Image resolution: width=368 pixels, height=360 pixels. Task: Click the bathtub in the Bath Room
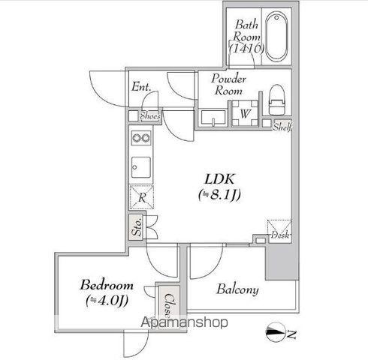[x=276, y=37]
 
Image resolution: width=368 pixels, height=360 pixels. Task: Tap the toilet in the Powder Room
[x=277, y=100]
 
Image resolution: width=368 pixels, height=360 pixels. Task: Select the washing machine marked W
[x=245, y=113]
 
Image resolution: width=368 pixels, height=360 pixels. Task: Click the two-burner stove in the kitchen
[x=141, y=138]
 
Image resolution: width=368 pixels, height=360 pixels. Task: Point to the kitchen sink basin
[x=141, y=167]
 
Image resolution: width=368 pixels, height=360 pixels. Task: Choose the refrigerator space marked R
[x=142, y=197]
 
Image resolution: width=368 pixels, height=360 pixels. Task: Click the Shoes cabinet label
[x=150, y=116]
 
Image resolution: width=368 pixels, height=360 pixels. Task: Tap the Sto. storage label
[x=137, y=226]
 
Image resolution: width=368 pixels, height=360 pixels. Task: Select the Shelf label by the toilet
[x=283, y=127]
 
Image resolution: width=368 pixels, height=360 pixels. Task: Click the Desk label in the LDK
[x=281, y=235]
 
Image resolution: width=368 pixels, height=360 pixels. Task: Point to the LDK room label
[x=220, y=179]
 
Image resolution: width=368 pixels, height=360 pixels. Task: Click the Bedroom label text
[x=107, y=285]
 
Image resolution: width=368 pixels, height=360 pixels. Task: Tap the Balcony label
[x=237, y=289]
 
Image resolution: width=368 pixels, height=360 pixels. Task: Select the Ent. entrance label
[x=141, y=87]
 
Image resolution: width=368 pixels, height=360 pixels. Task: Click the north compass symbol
[x=276, y=332]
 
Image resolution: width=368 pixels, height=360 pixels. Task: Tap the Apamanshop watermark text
[x=184, y=322]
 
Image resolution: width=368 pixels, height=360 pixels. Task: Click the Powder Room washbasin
[x=213, y=118]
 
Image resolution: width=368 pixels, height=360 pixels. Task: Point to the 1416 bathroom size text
[x=247, y=49]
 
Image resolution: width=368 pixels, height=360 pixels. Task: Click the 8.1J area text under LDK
[x=219, y=195]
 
